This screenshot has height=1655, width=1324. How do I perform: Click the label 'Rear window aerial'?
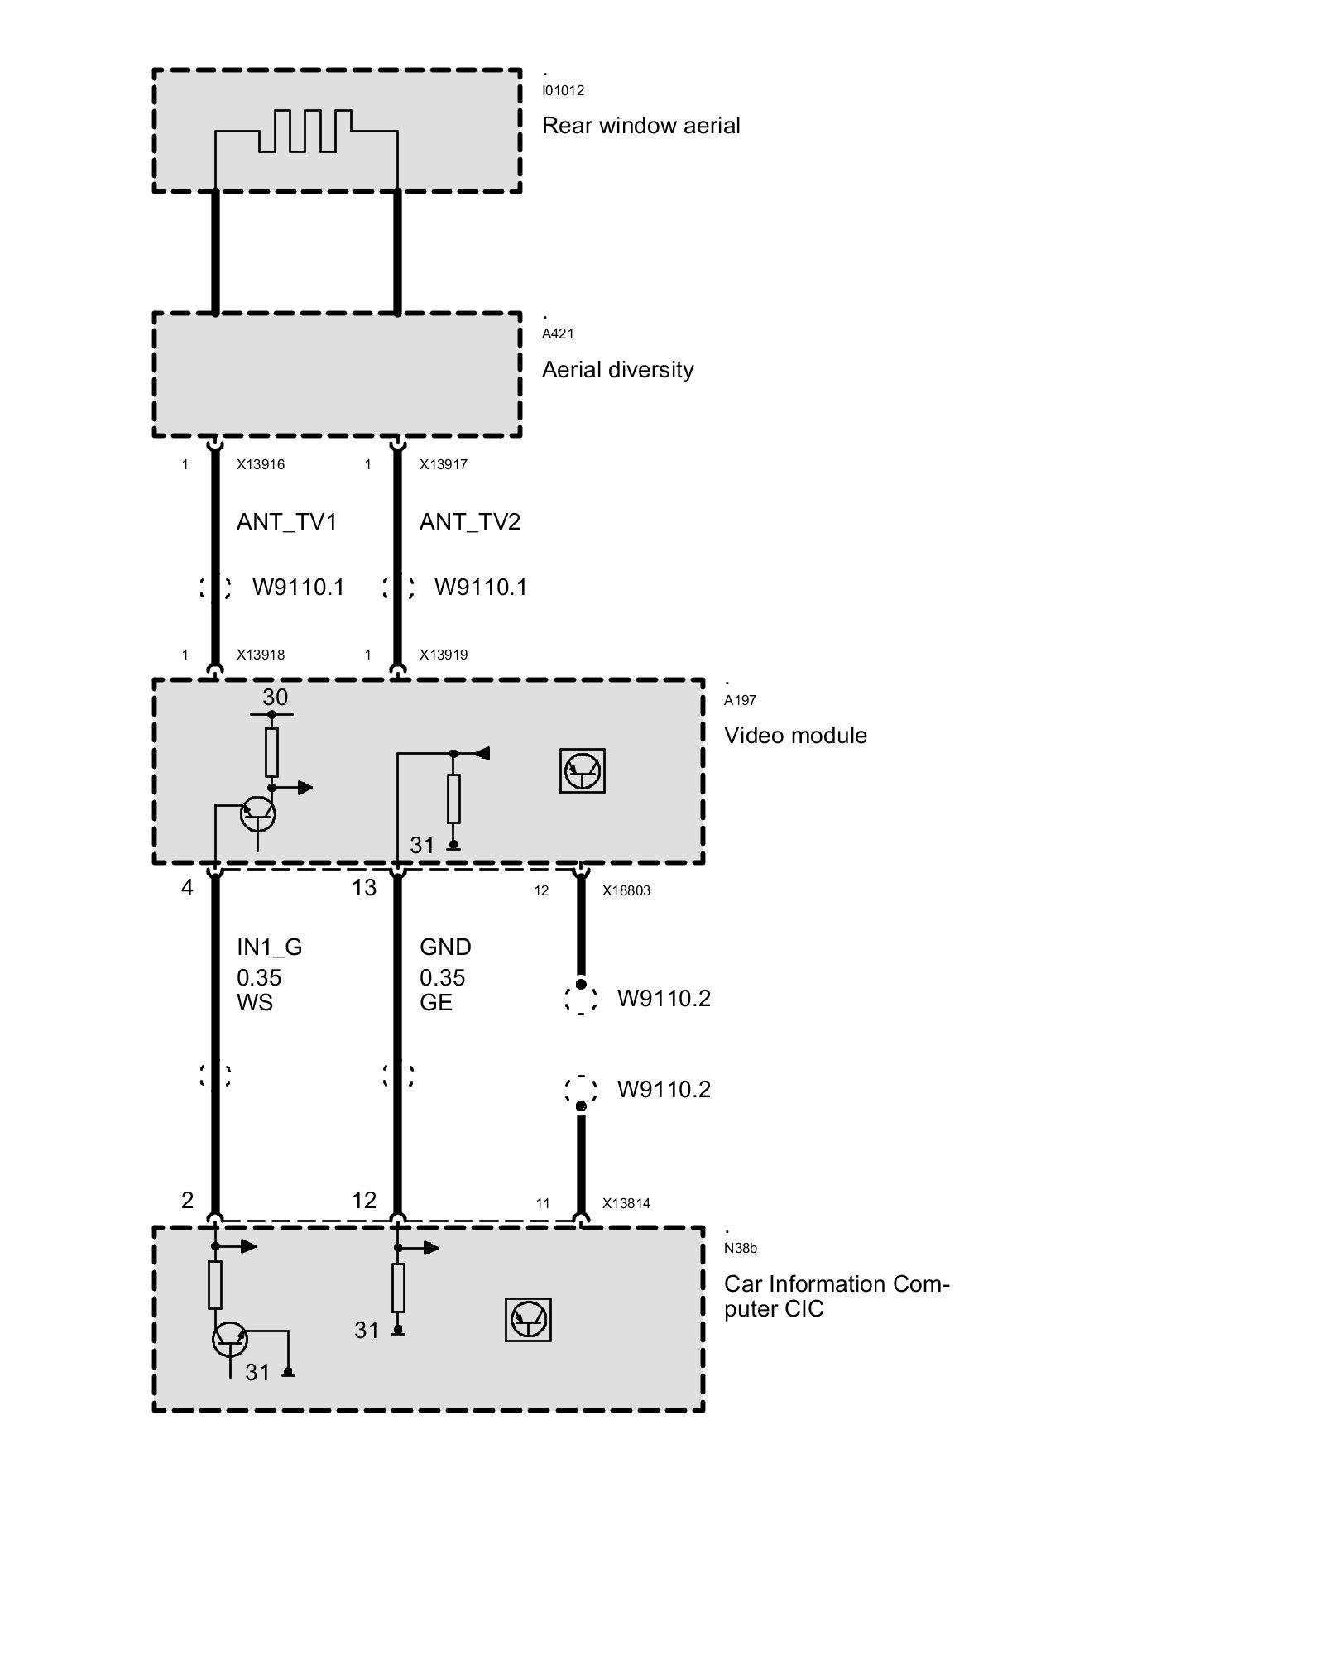640,126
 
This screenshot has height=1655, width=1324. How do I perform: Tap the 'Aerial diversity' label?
617,370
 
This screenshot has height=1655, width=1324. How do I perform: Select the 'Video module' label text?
795,736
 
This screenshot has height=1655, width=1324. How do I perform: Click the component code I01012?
563,90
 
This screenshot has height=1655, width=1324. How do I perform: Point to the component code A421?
558,333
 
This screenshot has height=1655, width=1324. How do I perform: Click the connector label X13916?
261,464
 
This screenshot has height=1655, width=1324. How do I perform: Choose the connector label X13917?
444,464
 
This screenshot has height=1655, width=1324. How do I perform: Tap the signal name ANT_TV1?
287,522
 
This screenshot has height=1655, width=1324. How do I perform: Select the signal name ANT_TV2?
470,522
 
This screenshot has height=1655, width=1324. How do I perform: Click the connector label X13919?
444,655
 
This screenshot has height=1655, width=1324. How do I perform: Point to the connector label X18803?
626,891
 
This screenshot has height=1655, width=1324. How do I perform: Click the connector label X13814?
626,1204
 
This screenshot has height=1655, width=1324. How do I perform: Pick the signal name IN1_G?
270,947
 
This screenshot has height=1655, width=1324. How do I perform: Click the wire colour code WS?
255,1003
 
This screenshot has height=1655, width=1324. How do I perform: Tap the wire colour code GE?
436,1003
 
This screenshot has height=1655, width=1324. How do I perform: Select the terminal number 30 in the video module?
276,698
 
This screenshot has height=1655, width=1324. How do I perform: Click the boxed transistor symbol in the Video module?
583,771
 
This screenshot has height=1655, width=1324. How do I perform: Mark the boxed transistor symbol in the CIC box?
528,1319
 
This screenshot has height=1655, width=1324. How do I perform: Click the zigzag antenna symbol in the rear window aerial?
305,131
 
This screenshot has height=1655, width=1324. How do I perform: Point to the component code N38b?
741,1249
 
